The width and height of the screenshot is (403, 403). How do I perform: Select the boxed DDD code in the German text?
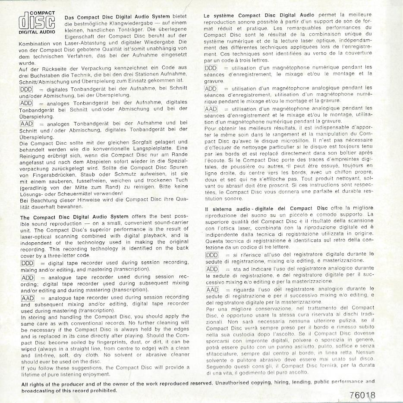point(27,89)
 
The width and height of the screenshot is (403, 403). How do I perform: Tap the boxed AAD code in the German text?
point(27,124)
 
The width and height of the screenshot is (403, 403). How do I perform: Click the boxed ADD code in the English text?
point(28,277)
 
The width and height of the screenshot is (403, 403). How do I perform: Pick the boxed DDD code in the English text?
point(28,263)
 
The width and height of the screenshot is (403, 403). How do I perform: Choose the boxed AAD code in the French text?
point(211,108)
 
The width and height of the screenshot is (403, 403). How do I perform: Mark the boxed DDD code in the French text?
point(211,68)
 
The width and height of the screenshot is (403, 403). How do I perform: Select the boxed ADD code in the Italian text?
point(212,269)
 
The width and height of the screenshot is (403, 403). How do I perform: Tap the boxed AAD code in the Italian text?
point(212,289)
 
